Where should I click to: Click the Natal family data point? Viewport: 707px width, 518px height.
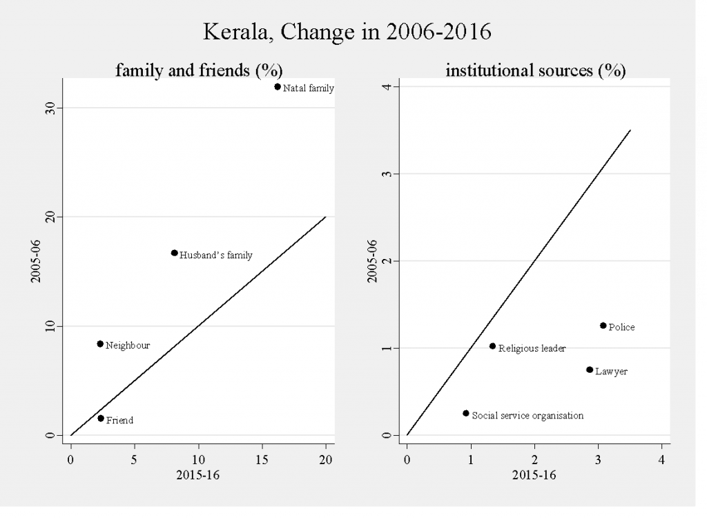(x=278, y=86)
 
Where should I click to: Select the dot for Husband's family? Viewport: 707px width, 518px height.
(x=174, y=253)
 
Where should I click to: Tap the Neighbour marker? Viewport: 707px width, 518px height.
(x=100, y=344)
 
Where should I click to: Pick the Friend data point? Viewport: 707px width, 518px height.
(x=101, y=418)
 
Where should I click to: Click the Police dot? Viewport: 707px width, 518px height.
(x=603, y=325)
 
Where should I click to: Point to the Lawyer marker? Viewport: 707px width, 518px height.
(x=589, y=370)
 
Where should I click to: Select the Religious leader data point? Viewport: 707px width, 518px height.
(x=492, y=346)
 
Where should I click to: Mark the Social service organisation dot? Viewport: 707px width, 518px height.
(x=465, y=413)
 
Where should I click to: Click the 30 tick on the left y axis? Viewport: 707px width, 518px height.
(x=50, y=108)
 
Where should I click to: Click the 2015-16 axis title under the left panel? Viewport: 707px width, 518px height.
(x=199, y=476)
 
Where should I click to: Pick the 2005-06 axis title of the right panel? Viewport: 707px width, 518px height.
(x=373, y=261)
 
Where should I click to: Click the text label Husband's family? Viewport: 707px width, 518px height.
(x=216, y=256)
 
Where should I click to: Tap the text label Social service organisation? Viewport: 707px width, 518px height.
(x=527, y=416)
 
